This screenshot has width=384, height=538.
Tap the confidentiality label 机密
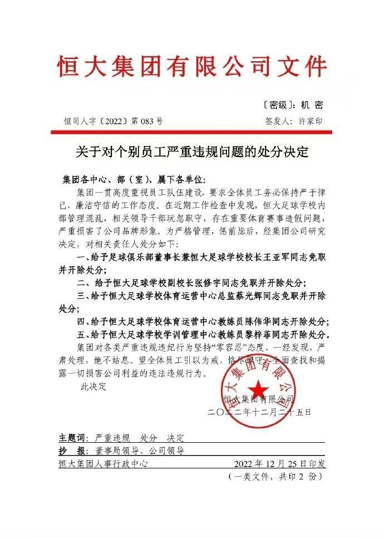click(x=312, y=105)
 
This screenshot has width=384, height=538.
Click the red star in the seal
click(x=257, y=388)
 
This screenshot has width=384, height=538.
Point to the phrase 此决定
click(x=92, y=385)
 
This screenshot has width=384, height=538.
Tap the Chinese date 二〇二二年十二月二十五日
click(x=259, y=413)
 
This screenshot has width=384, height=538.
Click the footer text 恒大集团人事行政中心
click(x=104, y=463)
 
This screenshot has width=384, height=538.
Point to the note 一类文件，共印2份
click(x=275, y=477)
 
